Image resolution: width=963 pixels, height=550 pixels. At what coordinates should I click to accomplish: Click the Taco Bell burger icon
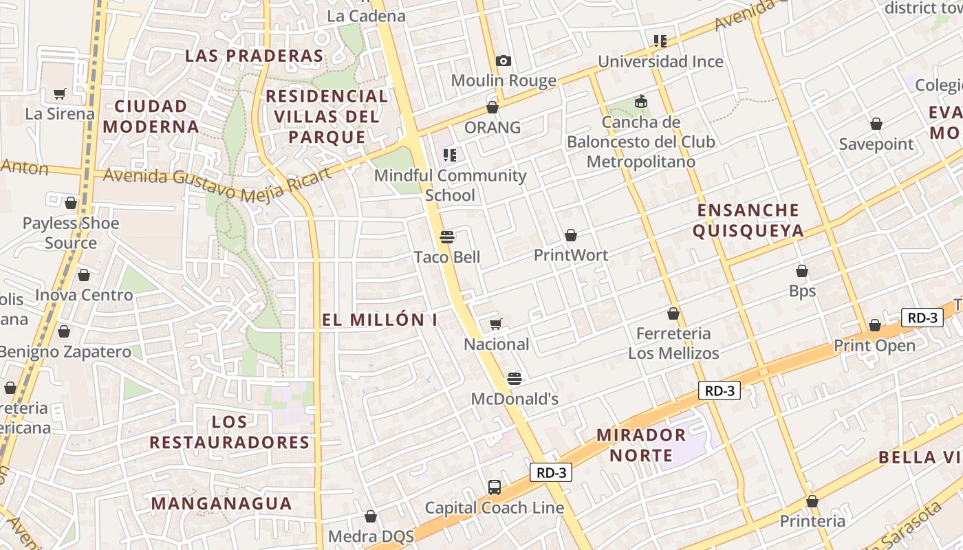(x=447, y=237)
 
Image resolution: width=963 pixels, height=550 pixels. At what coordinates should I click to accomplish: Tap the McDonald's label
(x=515, y=399)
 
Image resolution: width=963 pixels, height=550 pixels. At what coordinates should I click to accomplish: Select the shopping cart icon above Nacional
(x=496, y=324)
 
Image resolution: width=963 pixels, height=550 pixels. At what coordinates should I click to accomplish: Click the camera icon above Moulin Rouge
(x=504, y=60)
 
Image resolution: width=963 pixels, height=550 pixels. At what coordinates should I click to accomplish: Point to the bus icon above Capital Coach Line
(x=495, y=487)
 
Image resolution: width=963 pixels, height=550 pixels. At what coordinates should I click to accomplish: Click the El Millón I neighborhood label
(x=380, y=320)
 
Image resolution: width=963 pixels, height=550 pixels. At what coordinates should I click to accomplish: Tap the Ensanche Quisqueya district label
(x=748, y=220)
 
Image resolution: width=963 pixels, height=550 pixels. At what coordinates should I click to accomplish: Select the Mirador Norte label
(x=641, y=445)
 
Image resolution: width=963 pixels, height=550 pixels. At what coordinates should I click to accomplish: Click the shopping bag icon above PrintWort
(x=571, y=235)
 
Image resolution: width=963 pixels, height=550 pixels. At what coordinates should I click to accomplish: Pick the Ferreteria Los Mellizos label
(x=673, y=343)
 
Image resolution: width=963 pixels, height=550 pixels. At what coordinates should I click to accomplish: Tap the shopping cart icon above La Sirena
(x=60, y=93)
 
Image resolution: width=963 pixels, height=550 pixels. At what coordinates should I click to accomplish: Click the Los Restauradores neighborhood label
(x=230, y=432)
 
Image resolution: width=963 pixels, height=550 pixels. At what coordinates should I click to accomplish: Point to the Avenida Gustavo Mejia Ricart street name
(x=217, y=184)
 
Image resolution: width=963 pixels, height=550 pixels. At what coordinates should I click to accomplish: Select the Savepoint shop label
(x=876, y=144)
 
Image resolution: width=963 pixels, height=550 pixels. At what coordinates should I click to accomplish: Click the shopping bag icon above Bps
(x=802, y=271)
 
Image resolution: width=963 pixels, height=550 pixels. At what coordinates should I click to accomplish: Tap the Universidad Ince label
(x=660, y=62)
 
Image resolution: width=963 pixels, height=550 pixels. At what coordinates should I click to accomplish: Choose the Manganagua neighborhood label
(x=221, y=503)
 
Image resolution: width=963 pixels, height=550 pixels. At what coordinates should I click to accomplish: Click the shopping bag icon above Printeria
(x=812, y=501)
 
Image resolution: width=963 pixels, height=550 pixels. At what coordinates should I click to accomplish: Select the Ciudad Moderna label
(x=151, y=116)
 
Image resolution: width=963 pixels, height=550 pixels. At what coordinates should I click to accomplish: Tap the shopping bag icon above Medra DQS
(x=371, y=516)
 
